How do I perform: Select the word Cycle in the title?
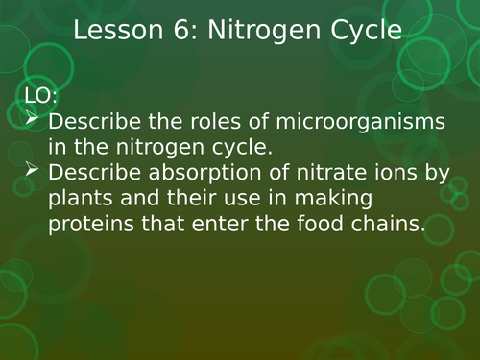coord(361,31)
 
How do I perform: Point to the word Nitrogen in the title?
coord(261,31)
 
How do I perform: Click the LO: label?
coord(36,95)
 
